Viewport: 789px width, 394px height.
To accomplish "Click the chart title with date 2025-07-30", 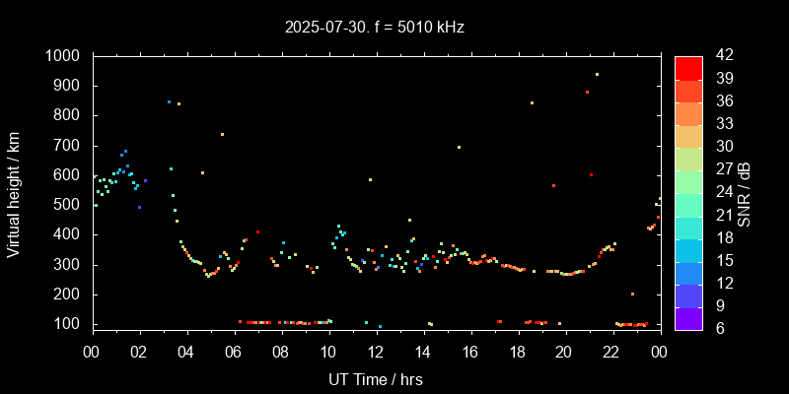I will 374,27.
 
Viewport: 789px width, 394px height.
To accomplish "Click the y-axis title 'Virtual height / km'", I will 14,191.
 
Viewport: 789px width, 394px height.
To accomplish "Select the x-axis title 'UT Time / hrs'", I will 375,378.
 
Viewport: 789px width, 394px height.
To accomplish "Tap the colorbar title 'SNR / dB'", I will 743,191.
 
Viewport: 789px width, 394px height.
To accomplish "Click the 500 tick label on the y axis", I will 68,205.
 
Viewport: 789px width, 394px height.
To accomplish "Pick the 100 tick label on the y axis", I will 68,324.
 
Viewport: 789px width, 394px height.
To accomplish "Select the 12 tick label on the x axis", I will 376,351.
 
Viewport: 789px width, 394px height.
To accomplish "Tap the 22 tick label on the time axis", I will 611,351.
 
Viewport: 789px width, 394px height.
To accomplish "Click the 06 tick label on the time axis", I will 234,351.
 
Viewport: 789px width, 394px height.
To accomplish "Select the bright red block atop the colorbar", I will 688,67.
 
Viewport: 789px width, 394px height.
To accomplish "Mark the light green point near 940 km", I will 597,75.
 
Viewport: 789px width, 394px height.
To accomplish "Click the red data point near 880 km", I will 587,92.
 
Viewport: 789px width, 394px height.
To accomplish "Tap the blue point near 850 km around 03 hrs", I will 169,101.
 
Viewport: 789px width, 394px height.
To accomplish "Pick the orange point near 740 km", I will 222,134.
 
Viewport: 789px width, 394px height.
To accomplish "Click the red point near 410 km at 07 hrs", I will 257,231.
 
